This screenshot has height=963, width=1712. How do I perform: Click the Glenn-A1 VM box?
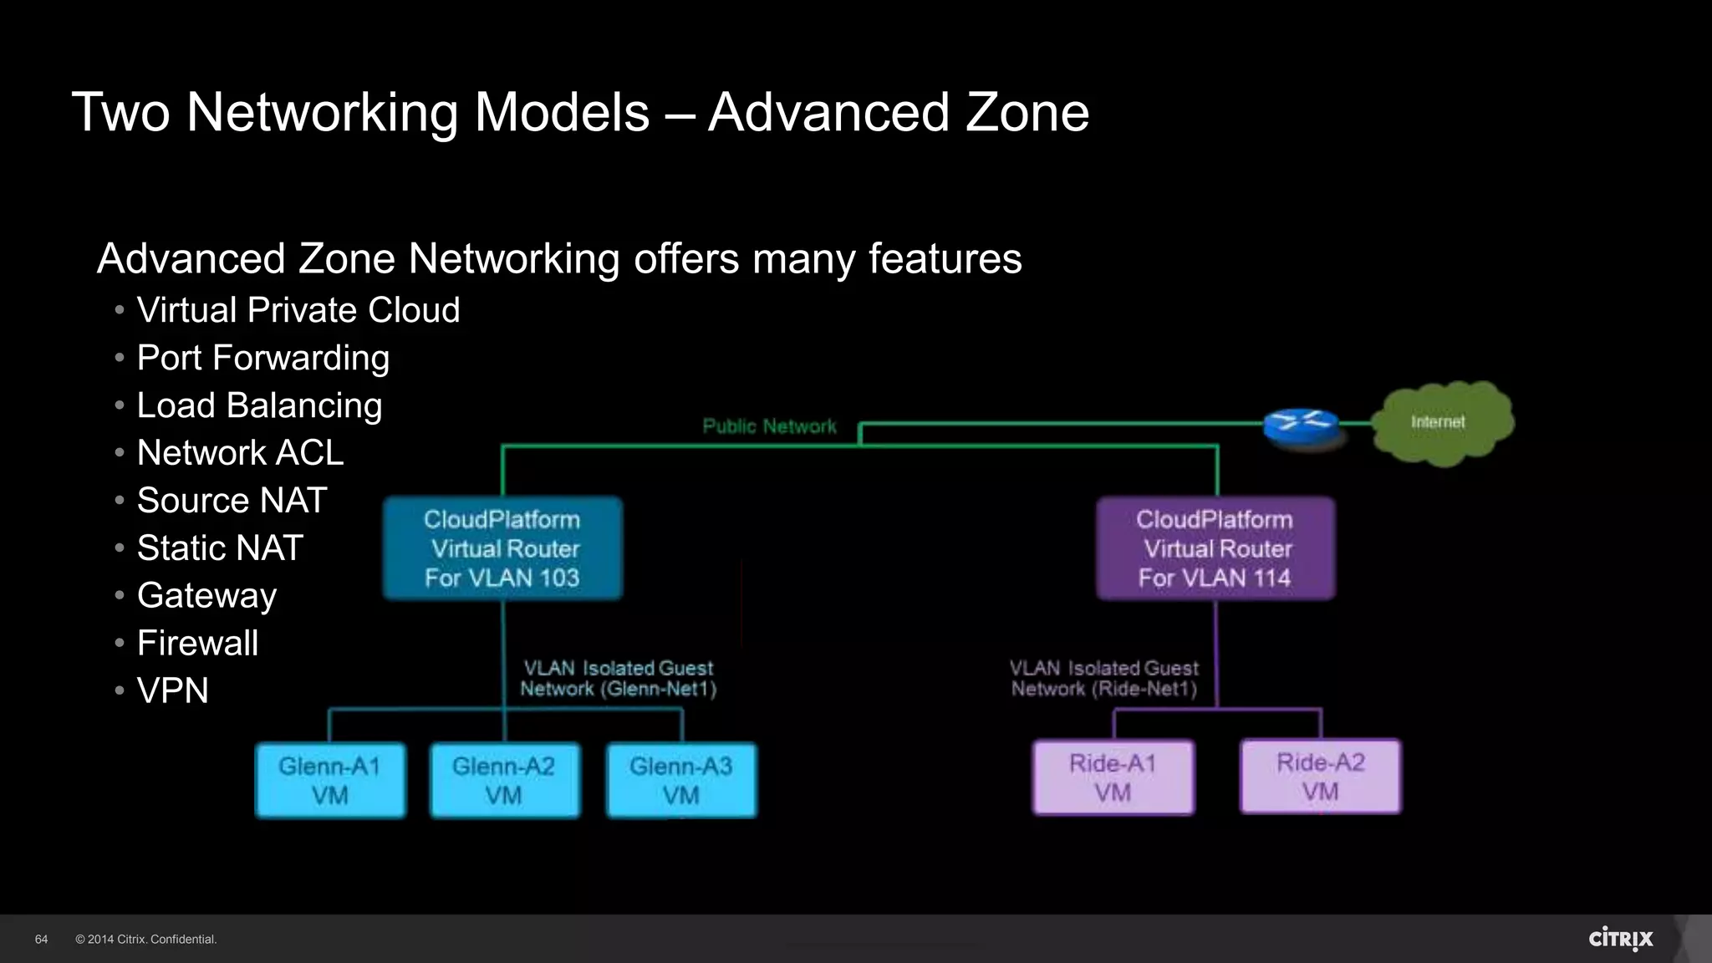(x=329, y=780)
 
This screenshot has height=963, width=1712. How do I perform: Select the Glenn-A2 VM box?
(x=504, y=780)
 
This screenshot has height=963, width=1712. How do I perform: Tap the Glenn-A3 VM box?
(x=681, y=780)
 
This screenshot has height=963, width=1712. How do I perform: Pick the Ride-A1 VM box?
(x=1113, y=777)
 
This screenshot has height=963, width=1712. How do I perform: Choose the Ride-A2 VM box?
(x=1321, y=777)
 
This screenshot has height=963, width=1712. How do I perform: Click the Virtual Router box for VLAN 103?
(x=502, y=548)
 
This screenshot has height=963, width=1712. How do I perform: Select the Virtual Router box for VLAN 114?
(x=1215, y=548)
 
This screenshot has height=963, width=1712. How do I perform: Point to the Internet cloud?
(x=1442, y=423)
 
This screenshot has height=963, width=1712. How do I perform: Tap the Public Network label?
(x=769, y=426)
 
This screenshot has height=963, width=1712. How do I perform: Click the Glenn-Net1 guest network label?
(x=618, y=678)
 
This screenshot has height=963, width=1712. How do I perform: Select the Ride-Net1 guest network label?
(x=1104, y=678)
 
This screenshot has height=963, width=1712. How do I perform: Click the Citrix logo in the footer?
(x=1620, y=939)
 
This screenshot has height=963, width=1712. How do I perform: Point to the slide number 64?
(x=41, y=940)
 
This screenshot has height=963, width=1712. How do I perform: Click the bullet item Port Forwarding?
(x=262, y=358)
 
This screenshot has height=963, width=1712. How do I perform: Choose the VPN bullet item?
(x=172, y=690)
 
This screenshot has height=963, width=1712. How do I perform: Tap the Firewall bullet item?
(x=197, y=643)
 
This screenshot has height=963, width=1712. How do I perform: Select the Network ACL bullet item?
(x=240, y=452)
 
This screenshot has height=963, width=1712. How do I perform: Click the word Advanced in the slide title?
(x=828, y=112)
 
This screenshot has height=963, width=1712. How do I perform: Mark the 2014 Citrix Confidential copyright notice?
(x=146, y=940)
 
